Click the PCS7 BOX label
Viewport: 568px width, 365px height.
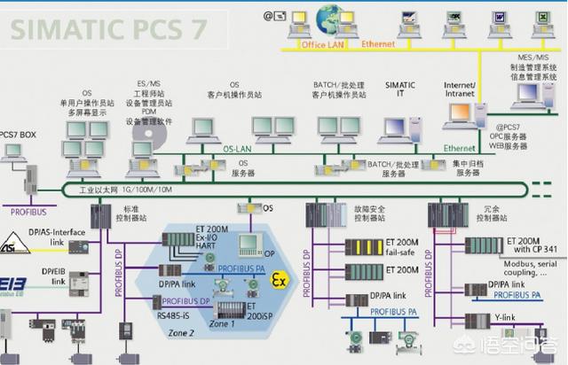point(19,134)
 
